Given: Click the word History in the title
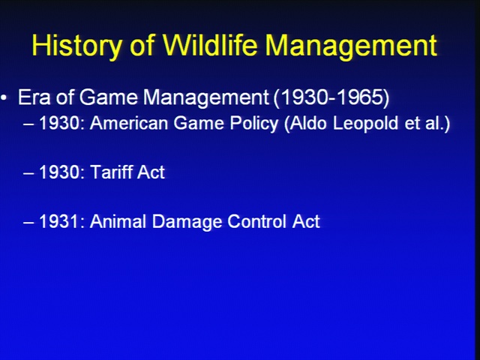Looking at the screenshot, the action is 76,45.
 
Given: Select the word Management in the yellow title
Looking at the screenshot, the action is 351,46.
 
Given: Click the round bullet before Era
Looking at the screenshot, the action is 4,97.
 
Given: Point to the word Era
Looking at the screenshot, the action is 34,97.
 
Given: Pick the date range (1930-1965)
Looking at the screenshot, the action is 331,97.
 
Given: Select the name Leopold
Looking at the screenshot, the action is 365,124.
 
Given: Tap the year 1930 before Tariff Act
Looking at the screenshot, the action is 61,172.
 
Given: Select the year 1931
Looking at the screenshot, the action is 61,221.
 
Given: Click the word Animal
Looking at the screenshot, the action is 118,221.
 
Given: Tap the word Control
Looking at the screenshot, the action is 258,221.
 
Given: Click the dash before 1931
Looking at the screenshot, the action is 28,223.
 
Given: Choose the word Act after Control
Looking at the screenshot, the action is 306,221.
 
